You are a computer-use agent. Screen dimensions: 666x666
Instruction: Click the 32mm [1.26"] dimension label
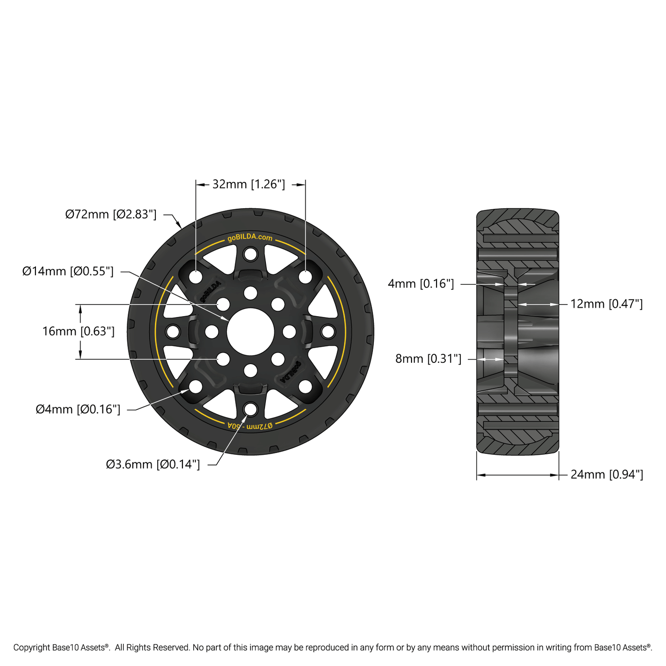tap(248, 184)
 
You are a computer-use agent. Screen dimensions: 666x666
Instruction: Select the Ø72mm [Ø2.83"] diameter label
tap(111, 214)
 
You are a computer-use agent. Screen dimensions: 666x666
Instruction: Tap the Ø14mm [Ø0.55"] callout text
tap(68, 271)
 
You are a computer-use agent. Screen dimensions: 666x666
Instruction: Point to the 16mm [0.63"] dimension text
tap(78, 331)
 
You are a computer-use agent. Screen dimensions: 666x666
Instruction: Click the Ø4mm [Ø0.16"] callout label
tap(78, 409)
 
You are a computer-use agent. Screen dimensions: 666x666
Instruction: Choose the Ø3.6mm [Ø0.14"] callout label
tap(153, 464)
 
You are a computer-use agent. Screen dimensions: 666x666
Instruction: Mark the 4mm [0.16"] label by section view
tap(421, 284)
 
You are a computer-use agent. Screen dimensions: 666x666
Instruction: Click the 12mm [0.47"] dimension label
tap(607, 304)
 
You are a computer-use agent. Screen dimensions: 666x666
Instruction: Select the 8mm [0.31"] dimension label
tap(428, 359)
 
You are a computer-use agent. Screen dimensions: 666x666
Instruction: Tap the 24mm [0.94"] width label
tap(607, 475)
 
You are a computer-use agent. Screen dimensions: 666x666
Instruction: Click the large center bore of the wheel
tap(250, 332)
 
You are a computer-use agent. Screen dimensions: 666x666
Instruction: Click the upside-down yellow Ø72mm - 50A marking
tap(250, 425)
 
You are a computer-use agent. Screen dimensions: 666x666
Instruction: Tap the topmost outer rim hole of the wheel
tap(250, 253)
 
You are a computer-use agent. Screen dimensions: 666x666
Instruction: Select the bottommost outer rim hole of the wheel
tap(250, 409)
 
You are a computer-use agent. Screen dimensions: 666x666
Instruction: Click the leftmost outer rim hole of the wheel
tap(173, 331)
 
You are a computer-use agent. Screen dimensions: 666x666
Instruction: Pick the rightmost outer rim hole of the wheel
tap(328, 331)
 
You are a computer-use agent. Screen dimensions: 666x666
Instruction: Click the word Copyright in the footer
tap(32, 648)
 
